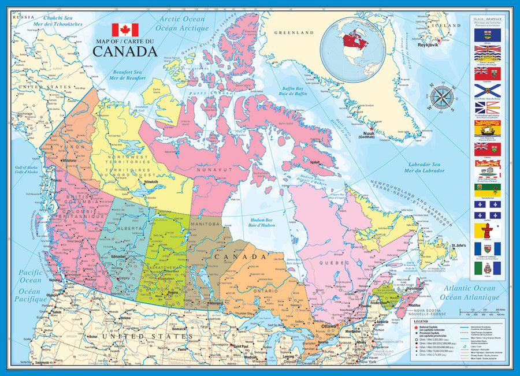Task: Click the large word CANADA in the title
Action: point(125,50)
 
